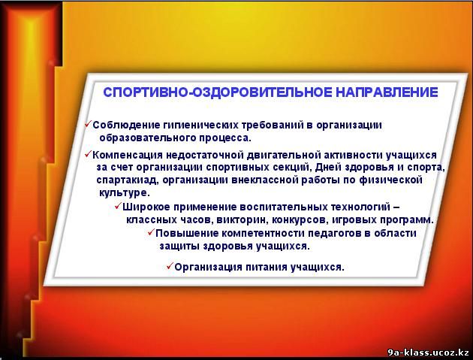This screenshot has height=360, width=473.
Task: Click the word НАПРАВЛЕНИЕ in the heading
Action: click(387, 92)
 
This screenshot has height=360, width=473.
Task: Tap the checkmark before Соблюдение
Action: click(88, 123)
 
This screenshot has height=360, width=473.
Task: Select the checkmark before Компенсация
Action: click(88, 154)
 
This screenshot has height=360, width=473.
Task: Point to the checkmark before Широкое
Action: click(118, 206)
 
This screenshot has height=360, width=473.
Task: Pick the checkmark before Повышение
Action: click(151, 232)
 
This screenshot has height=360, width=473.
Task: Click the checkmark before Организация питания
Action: click(170, 266)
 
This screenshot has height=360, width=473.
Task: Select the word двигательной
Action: click(283, 156)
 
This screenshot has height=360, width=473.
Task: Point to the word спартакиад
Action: click(128, 180)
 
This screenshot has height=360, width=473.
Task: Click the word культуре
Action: click(125, 193)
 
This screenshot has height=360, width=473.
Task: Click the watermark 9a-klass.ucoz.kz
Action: click(428, 352)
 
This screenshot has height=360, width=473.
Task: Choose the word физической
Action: click(390, 180)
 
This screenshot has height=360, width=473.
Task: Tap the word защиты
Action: click(179, 247)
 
